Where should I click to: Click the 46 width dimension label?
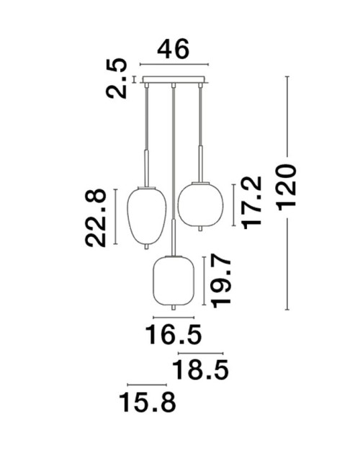[174, 49]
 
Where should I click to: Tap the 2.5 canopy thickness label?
[117, 78]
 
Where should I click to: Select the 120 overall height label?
[287, 187]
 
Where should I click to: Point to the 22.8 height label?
[96, 218]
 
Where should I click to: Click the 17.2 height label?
[252, 203]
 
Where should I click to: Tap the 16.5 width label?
[174, 335]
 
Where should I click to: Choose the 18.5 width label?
[201, 369]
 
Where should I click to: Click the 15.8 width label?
[148, 402]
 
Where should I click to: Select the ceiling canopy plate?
[174, 80]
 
